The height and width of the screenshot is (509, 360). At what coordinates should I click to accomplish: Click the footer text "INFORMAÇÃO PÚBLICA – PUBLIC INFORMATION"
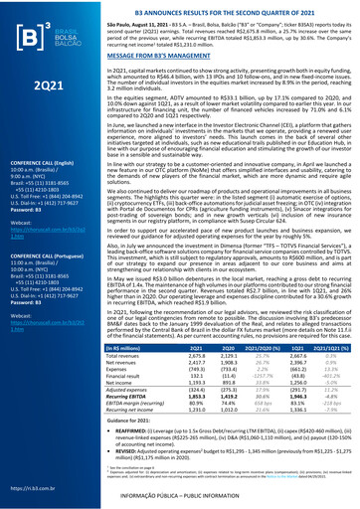(x=230, y=501)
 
